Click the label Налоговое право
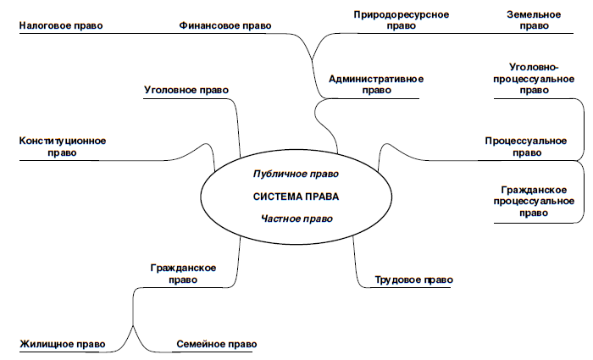tap(60, 26)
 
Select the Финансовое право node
tap(225, 26)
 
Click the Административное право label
tap(375, 85)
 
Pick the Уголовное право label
tap(186, 90)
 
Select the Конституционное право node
tap(63, 147)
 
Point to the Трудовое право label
tap(413, 280)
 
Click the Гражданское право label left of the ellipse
tap(183, 274)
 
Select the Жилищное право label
tap(62, 345)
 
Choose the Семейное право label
tap(216, 345)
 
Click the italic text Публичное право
tap(296, 174)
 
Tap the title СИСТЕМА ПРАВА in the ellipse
tap(296, 197)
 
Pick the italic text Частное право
tap(296, 219)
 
